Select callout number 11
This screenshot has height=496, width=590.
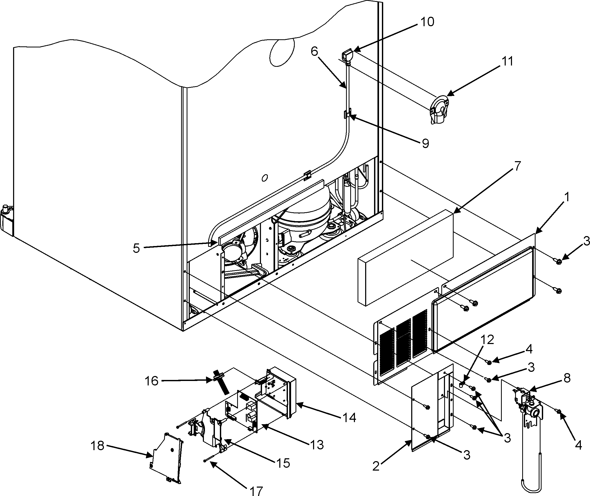click(507, 61)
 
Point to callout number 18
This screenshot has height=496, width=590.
click(97, 446)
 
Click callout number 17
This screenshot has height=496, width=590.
click(255, 491)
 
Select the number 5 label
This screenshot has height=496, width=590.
click(136, 248)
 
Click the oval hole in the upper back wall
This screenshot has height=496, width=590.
click(282, 52)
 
